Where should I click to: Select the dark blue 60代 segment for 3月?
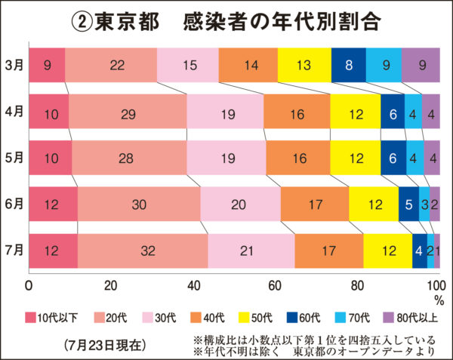click(348, 65)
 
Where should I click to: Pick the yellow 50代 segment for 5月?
click(355, 158)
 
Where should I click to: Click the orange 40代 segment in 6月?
click(315, 205)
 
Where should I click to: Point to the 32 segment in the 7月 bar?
click(143, 251)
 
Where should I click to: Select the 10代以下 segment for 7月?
click(53, 251)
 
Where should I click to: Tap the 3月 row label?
click(13, 65)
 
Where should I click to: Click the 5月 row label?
click(13, 158)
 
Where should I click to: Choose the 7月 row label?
click(13, 251)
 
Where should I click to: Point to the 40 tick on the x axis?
click(193, 285)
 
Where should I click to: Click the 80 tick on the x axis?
click(356, 285)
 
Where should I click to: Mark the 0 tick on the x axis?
click(29, 285)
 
